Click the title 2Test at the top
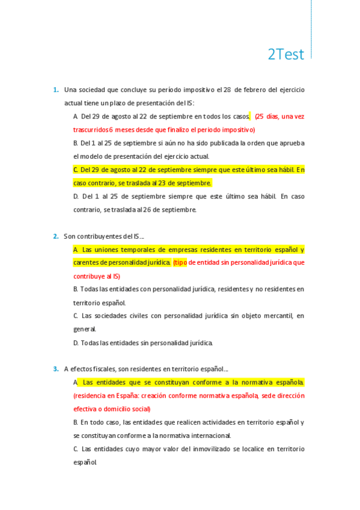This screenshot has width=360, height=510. point(285,54)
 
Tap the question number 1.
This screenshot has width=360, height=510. point(55,90)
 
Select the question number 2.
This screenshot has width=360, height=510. point(55,236)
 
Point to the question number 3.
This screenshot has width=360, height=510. point(55,369)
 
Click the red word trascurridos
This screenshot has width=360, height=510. point(91,129)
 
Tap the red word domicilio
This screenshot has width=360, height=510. point(121,409)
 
